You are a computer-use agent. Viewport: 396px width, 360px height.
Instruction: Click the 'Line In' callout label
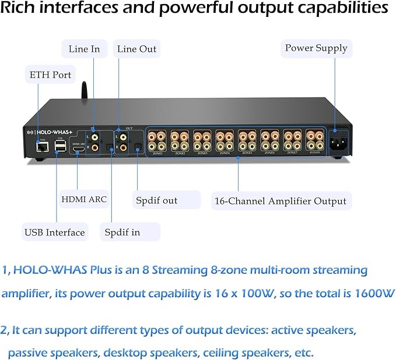pos(84,49)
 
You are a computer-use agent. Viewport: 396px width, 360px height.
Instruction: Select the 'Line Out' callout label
pos(136,49)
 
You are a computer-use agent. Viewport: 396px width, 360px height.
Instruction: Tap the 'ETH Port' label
pos(50,75)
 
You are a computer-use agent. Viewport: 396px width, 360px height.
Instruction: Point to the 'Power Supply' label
pos(316,48)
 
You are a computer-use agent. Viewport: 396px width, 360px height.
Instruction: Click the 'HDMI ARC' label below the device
pos(84,199)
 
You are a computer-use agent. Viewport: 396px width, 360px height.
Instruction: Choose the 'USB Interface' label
pos(54,232)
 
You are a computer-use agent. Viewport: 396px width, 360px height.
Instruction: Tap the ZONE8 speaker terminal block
pos(315,140)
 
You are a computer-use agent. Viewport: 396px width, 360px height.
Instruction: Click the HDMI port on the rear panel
pos(78,149)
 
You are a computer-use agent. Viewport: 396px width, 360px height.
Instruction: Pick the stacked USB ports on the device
pos(60,147)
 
